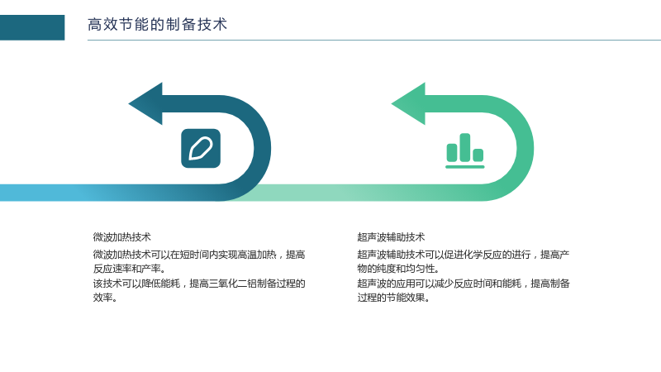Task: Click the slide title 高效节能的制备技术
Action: pos(157,25)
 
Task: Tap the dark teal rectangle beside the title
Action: pos(32,27)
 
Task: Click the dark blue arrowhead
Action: pos(145,104)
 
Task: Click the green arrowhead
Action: pos(408,104)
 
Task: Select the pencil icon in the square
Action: pos(201,149)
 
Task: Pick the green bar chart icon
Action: pos(465,151)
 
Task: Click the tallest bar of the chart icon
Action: pos(465,147)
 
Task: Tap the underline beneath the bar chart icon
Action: pos(465,167)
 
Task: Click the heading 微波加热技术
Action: pos(121,237)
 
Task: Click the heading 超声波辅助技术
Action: pos(391,237)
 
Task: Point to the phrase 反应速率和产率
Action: pos(127,269)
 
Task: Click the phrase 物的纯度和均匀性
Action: pos(396,269)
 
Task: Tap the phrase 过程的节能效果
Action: pos(391,298)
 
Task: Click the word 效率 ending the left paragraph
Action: pos(102,298)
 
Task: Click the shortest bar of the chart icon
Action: pos(478,155)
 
